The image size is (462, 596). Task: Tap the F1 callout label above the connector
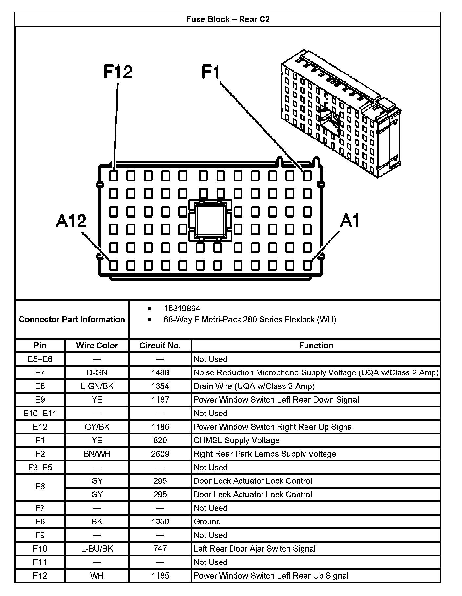[210, 72]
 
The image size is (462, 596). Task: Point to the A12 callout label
[71, 221]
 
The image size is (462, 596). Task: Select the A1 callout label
[350, 220]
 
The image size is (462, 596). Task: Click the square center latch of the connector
[210, 219]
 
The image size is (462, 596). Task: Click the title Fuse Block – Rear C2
[228, 19]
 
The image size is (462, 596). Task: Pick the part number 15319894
[182, 309]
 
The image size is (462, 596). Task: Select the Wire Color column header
[97, 345]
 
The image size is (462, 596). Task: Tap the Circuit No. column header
[160, 345]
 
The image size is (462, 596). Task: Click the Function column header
[316, 345]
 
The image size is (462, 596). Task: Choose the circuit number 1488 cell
[160, 372]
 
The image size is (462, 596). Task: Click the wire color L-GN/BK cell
[97, 386]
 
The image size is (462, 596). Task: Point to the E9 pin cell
[40, 400]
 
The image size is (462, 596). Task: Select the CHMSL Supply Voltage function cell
[237, 440]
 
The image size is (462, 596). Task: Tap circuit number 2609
[160, 454]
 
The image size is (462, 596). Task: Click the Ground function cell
[207, 521]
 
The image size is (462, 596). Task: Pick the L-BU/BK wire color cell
[97, 549]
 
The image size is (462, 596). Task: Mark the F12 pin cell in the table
[40, 576]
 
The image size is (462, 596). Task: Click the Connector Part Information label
[72, 319]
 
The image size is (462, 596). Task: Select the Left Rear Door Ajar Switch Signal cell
[255, 549]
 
